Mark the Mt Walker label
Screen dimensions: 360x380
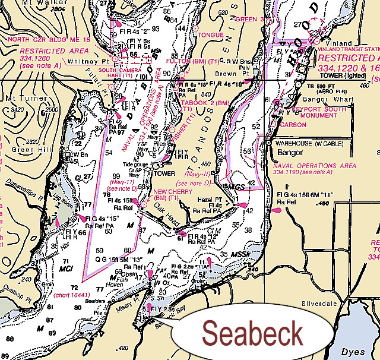[x=18, y=3]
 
